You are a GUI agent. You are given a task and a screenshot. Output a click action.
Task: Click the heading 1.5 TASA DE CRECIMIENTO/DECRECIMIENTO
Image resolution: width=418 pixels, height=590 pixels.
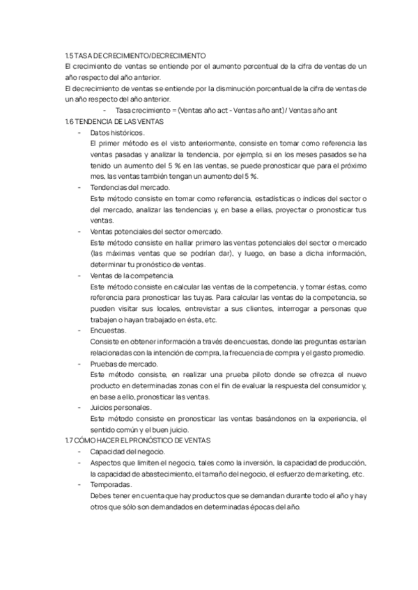[x=134, y=54]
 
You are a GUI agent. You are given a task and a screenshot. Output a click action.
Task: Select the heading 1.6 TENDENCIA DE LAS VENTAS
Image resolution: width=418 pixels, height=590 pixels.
[x=113, y=120]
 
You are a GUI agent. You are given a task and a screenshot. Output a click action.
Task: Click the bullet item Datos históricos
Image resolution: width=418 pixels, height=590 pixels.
[x=117, y=131]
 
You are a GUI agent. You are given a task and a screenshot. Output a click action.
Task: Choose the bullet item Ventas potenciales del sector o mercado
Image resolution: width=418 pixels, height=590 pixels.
[x=156, y=231]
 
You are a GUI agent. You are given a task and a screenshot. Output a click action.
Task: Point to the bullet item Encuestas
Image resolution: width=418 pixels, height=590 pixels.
[x=108, y=330]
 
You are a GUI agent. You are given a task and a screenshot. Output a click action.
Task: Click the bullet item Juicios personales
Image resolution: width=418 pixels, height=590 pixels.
[x=121, y=407]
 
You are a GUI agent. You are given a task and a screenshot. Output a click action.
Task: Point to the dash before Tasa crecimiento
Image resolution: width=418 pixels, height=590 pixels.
[x=104, y=109]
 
